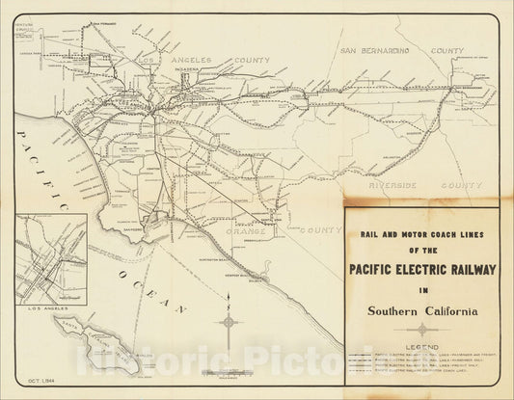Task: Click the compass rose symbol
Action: (x=229, y=322)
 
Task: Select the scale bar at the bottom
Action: (x=229, y=372)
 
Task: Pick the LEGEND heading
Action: (x=422, y=345)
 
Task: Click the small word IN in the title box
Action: (x=422, y=288)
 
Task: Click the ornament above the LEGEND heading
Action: (x=422, y=330)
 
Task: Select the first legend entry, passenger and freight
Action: (x=422, y=356)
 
